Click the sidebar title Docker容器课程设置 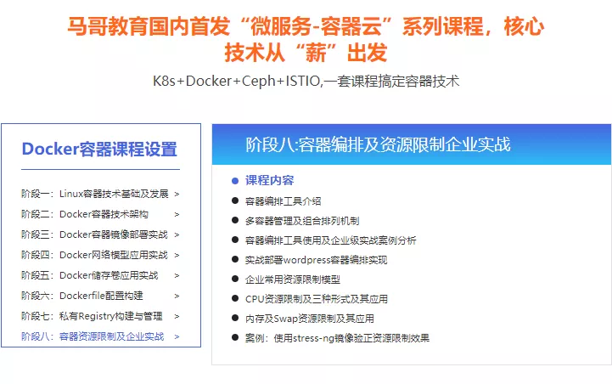pyautogui.click(x=99, y=150)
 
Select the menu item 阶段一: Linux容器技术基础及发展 pyautogui.click(x=94, y=193)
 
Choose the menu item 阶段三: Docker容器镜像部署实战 pyautogui.click(x=94, y=234)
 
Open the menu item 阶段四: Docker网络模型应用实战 pyautogui.click(x=94, y=255)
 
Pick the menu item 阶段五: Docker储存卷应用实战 pyautogui.click(x=89, y=275)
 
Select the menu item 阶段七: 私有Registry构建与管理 pyautogui.click(x=92, y=316)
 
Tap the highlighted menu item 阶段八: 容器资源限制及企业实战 pyautogui.click(x=93, y=336)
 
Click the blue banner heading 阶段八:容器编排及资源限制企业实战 pyautogui.click(x=378, y=144)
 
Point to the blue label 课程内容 pyautogui.click(x=269, y=180)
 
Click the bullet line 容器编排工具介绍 pyautogui.click(x=283, y=201)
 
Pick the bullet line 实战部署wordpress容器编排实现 pyautogui.click(x=316, y=259)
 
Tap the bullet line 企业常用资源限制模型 pyautogui.click(x=292, y=279)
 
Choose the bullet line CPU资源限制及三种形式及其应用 pyautogui.click(x=316, y=299)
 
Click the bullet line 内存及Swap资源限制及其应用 pyautogui.click(x=309, y=319)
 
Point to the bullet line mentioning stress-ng pyautogui.click(x=337, y=338)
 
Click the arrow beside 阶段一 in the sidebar pyautogui.click(x=177, y=194)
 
